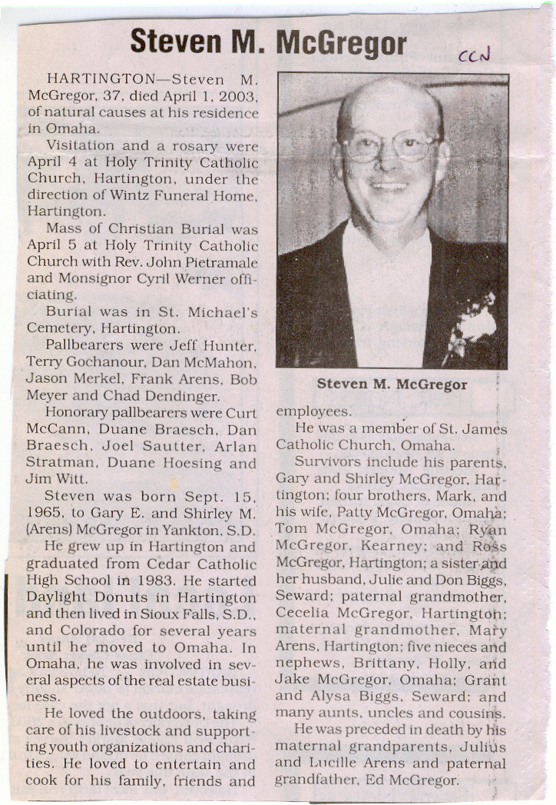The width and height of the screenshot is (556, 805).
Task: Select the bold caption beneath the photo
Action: (392, 384)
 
